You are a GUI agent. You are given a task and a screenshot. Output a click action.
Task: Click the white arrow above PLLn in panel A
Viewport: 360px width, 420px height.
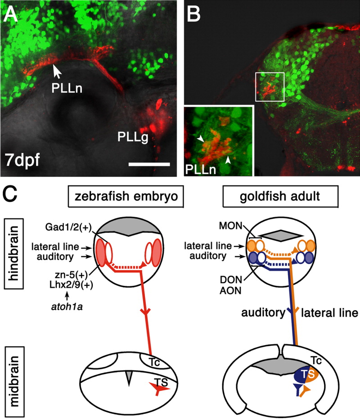point(56,70)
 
